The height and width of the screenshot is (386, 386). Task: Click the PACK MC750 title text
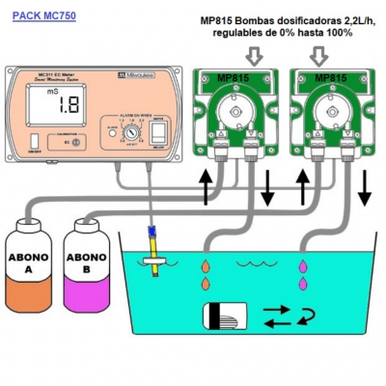45,16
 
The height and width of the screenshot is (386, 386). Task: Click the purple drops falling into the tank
306,273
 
